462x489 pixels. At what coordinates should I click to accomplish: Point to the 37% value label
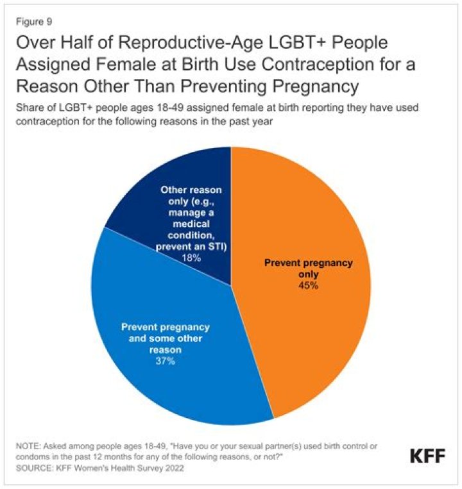point(165,361)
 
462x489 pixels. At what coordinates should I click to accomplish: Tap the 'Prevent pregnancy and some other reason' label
point(165,338)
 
